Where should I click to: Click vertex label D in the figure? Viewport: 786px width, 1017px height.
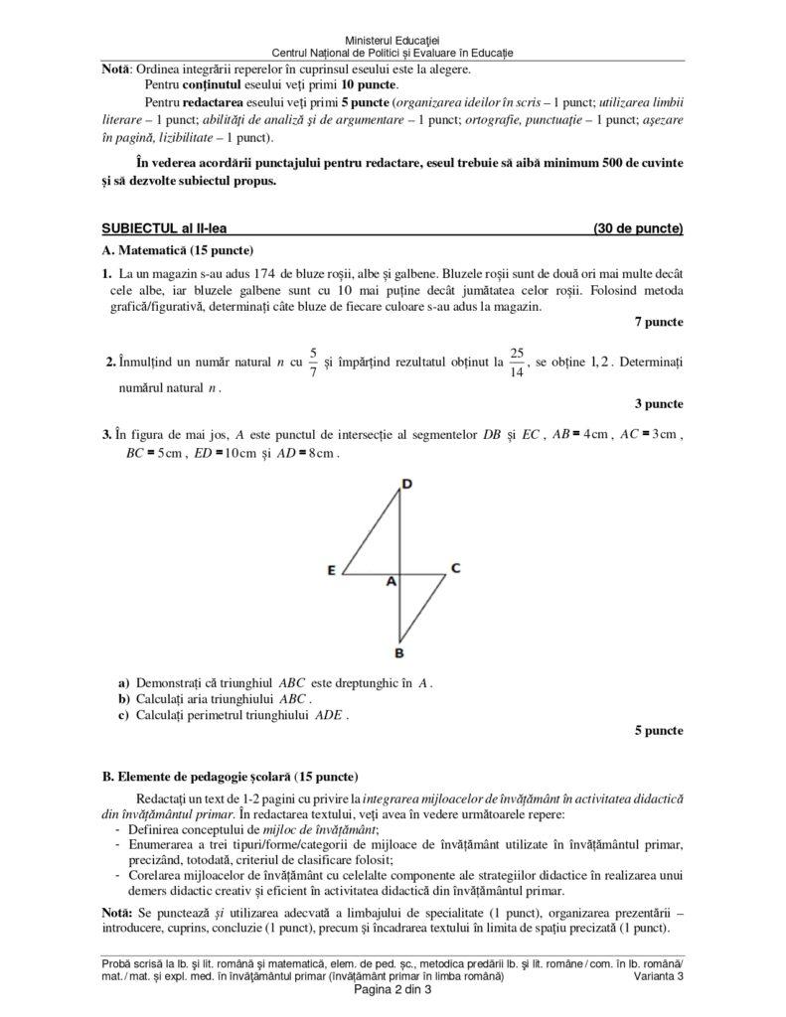click(405, 484)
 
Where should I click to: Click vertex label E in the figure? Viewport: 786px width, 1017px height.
click(332, 570)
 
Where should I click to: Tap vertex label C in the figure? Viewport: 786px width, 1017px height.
click(455, 568)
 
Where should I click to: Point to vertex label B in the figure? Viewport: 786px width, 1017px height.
click(398, 653)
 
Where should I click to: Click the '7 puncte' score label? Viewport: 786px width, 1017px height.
click(658, 322)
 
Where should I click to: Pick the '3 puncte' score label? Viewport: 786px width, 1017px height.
click(658, 403)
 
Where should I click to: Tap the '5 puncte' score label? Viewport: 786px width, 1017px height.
click(658, 730)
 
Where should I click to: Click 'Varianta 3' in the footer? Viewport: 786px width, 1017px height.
click(657, 977)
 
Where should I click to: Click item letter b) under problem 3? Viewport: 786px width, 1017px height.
click(124, 698)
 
